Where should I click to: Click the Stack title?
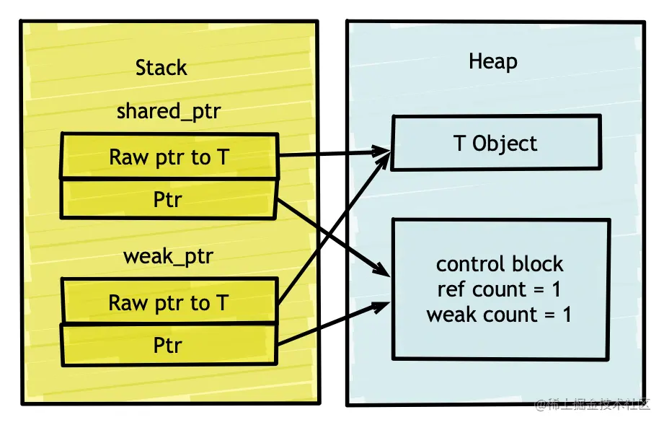[x=161, y=68]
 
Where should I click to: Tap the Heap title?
[x=492, y=61]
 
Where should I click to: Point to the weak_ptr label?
[x=168, y=256]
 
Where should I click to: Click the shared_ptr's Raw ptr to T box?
[x=169, y=157]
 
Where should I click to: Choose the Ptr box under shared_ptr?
[x=169, y=198]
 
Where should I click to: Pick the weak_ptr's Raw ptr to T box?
[x=169, y=303]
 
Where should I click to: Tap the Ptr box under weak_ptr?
[x=169, y=345]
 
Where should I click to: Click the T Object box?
[x=496, y=144]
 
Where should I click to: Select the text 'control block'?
[x=500, y=263]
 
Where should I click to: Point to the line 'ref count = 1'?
[x=500, y=289]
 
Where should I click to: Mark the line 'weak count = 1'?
[x=499, y=315]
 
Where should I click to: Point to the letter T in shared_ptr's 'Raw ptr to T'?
[x=222, y=157]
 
